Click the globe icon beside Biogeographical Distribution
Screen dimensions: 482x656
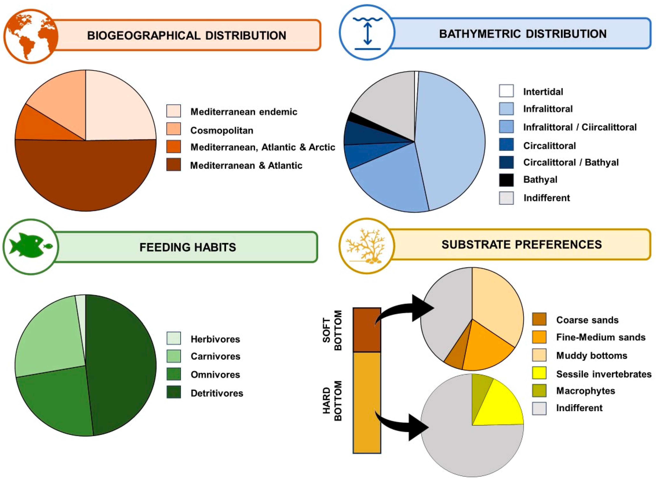pos(31,36)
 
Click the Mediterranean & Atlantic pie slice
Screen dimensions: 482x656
pos(85,175)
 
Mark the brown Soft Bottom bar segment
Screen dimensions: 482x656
pos(367,330)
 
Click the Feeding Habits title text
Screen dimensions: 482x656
pos(187,247)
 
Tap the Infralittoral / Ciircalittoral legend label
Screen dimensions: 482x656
pos(580,127)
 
